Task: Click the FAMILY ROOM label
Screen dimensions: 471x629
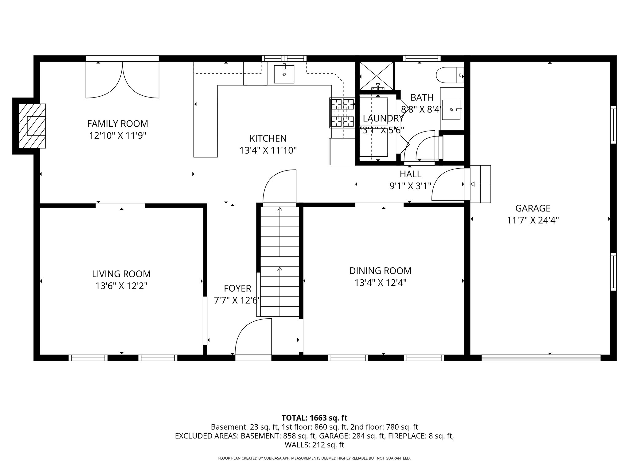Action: coord(118,124)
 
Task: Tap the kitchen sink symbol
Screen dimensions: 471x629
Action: coord(284,74)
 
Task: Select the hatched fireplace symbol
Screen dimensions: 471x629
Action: coord(32,126)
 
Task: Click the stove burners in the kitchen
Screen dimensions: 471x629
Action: coord(342,113)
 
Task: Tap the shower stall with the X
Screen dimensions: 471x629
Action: coord(377,75)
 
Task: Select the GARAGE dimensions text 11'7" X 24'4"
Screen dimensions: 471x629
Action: coord(533,220)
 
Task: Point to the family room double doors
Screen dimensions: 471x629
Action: coord(122,80)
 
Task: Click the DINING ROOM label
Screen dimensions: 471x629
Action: coord(380,271)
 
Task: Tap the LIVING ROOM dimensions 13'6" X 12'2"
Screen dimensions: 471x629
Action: coord(121,286)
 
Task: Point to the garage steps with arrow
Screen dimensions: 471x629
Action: coord(480,184)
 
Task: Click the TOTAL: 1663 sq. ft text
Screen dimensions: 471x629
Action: coord(314,418)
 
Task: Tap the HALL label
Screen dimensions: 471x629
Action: coord(410,174)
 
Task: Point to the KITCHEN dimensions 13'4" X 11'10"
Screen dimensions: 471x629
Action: coord(268,151)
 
